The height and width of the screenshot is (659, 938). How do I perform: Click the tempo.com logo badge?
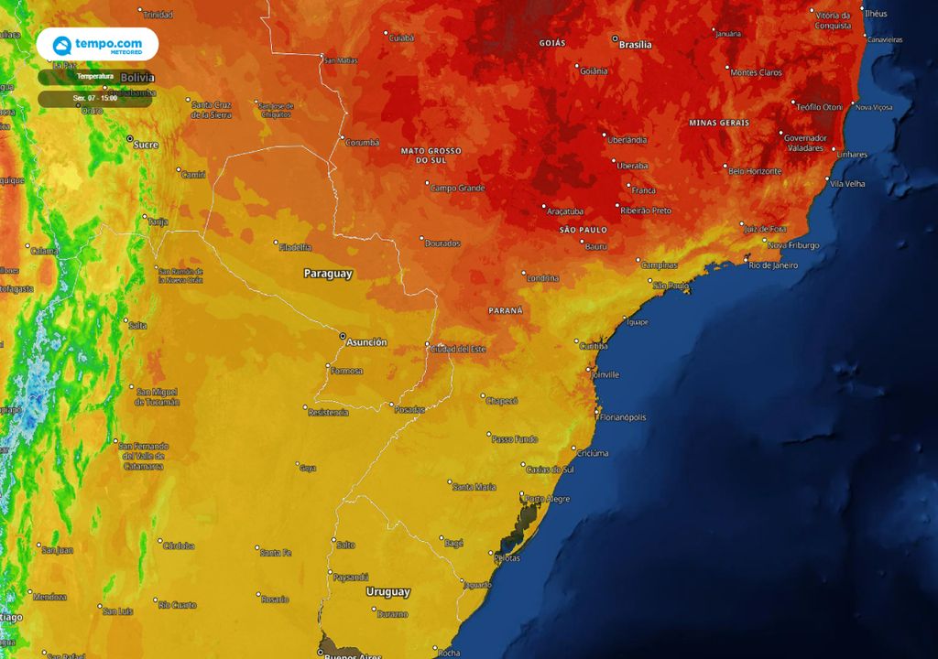coord(97,44)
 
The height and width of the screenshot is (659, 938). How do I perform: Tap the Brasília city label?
coord(636,45)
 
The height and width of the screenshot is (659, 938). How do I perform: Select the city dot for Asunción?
coord(344,337)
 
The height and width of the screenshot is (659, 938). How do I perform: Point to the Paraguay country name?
coord(328,274)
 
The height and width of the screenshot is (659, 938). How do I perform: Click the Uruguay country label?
coord(387,592)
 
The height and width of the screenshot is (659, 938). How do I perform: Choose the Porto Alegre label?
coord(548,499)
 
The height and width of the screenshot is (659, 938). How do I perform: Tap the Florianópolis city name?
coord(623,417)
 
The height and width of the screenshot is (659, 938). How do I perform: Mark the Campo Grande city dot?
coord(427,183)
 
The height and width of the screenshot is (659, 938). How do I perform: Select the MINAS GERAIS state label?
coord(719,123)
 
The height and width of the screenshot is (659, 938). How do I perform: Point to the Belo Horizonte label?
coord(755,171)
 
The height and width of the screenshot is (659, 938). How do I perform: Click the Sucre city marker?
coord(129,138)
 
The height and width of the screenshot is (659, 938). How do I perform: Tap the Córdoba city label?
coord(179,546)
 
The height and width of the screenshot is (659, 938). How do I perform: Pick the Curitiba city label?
coord(594,346)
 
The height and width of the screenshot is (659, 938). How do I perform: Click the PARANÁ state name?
coord(505,310)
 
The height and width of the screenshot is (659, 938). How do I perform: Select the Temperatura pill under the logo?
coord(95,77)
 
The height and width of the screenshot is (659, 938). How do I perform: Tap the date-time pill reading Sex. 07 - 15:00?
coord(95,98)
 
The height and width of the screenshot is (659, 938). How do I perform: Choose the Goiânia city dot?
coord(577,67)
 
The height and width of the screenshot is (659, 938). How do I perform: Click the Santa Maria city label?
coord(474,487)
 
